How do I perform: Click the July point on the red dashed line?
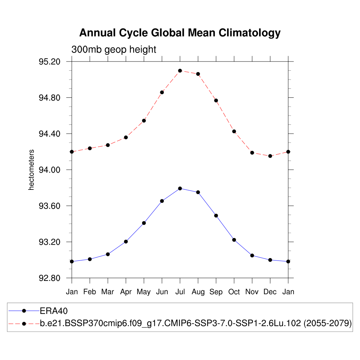click(180, 71)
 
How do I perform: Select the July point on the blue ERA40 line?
click(180, 188)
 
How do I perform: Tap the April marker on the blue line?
click(126, 242)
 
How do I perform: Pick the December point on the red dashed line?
click(270, 156)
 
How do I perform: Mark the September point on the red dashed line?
click(216, 101)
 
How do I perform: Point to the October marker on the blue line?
click(234, 240)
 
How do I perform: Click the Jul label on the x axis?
click(180, 292)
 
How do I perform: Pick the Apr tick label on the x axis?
click(126, 292)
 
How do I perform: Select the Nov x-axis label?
click(252, 292)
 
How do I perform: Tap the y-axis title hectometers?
click(32, 170)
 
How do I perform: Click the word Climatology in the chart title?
click(250, 33)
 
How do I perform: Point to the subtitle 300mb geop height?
click(114, 50)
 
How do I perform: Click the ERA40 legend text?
click(53, 311)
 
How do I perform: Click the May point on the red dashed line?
click(144, 121)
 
